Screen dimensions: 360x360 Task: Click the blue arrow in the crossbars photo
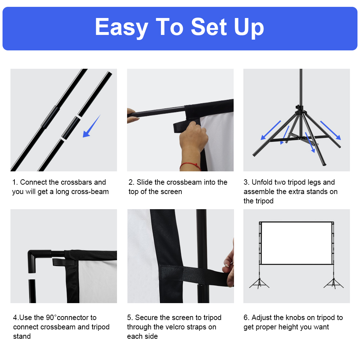91,126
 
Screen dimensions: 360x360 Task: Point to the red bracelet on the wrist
190,166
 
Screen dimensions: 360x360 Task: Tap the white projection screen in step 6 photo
296,243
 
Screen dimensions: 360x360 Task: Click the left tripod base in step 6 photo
259,284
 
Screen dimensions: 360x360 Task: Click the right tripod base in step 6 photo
334,284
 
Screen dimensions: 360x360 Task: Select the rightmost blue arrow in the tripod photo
330,130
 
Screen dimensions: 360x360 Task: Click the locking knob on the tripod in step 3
298,107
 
